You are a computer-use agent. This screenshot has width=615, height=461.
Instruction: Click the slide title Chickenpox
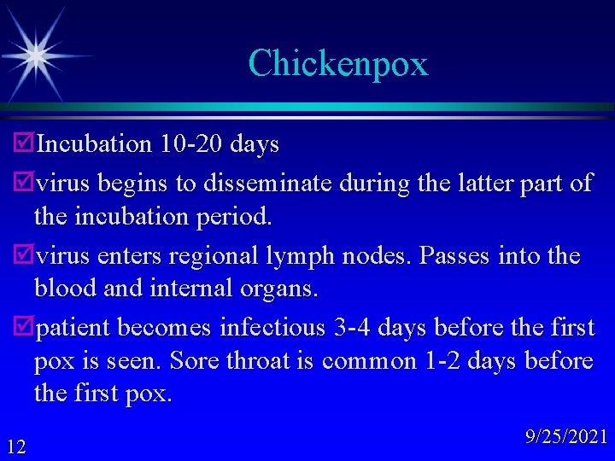pos(337,64)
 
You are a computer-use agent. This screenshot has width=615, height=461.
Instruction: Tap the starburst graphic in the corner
pos(35,55)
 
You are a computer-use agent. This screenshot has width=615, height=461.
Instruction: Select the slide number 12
pos(15,445)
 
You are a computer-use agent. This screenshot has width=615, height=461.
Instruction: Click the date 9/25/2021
pos(567,437)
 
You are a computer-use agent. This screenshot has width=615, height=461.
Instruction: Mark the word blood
pos(64,289)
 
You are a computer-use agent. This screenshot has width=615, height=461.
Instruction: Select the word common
pos(369,361)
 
